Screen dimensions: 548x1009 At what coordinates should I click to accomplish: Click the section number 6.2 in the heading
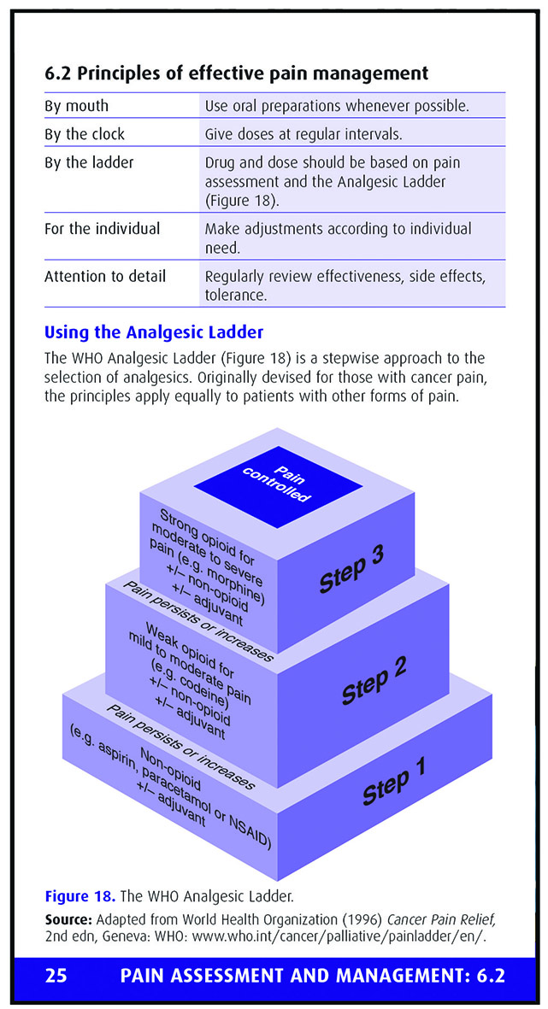tap(58, 73)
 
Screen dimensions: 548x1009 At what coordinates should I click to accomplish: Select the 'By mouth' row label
tap(77, 106)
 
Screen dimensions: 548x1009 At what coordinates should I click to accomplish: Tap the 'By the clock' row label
tap(85, 134)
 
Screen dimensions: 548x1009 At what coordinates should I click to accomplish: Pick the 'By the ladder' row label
tap(89, 163)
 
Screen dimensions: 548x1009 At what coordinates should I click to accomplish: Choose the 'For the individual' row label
tap(103, 228)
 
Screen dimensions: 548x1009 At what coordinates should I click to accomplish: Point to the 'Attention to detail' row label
tap(105, 276)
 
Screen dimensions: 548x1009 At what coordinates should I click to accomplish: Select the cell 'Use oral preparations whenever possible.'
tap(337, 106)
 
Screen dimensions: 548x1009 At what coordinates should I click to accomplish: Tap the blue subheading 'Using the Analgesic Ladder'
tap(154, 333)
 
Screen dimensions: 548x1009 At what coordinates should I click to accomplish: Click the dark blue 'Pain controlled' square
tap(278, 486)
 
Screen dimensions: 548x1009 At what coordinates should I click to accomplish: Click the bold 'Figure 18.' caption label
tap(77, 895)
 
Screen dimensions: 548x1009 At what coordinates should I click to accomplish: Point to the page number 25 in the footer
tap(56, 976)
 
